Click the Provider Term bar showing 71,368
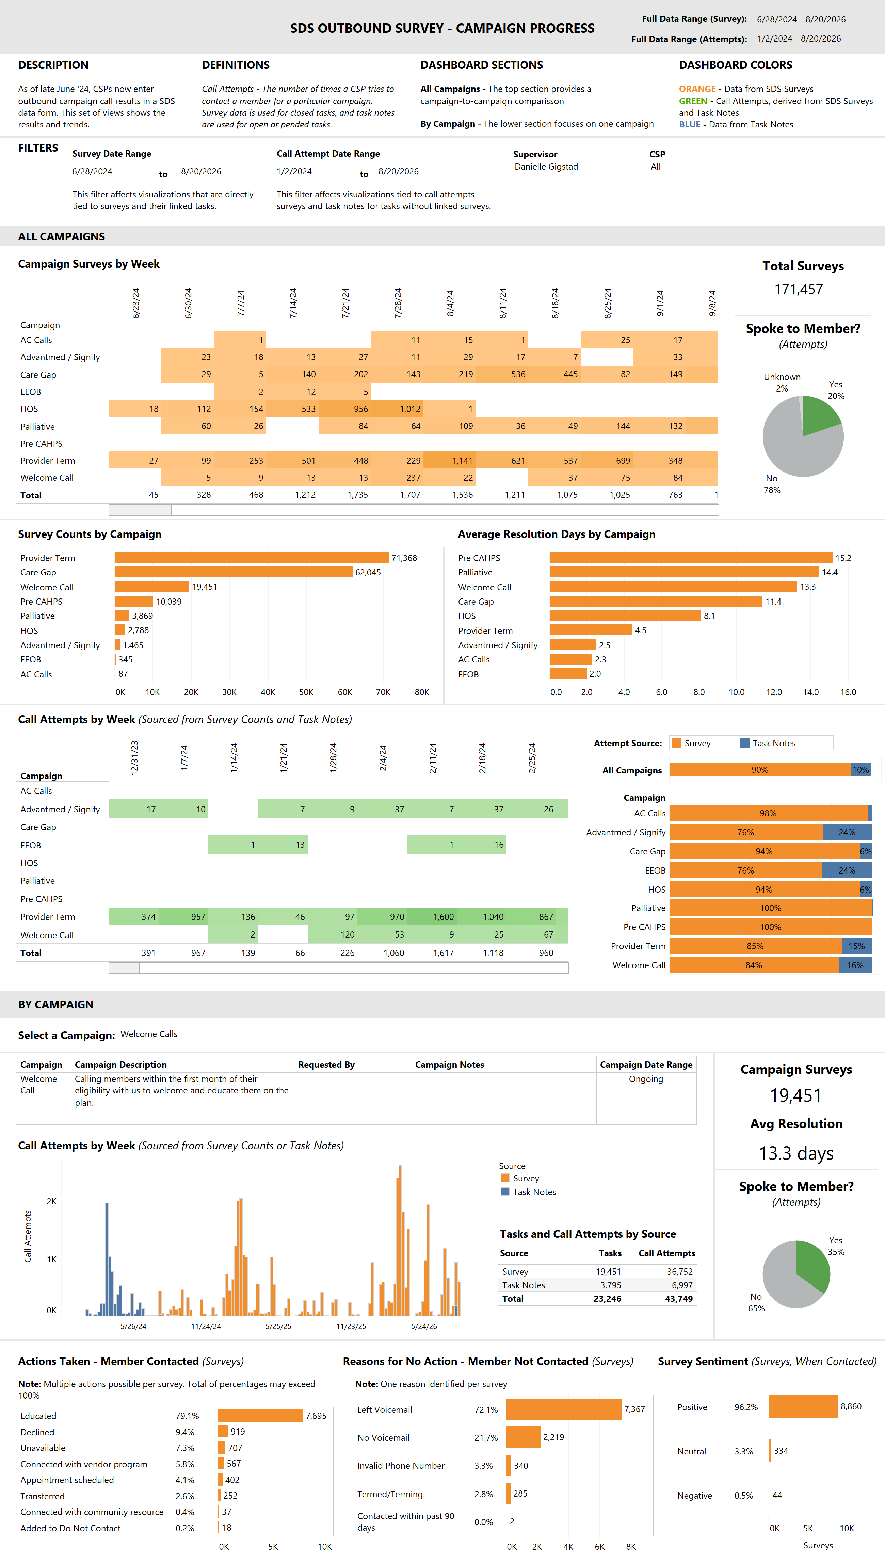251,558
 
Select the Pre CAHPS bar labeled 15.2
691,558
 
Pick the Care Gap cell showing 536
502,374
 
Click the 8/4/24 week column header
450,303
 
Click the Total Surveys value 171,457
798,289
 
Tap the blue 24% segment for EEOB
847,870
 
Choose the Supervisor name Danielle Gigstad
546,166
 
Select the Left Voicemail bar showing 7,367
563,1409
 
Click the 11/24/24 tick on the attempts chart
206,1326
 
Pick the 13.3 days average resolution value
796,1153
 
